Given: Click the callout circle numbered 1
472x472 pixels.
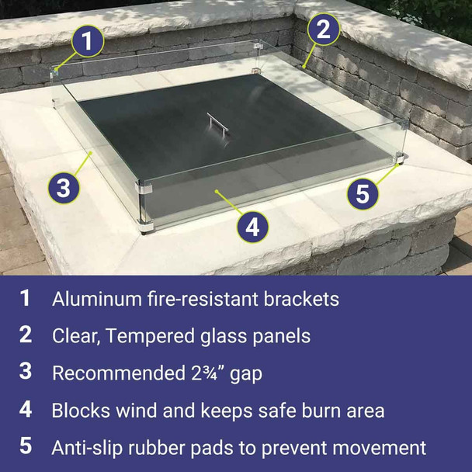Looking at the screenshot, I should [x=89, y=41].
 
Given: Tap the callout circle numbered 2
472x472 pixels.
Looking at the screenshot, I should [x=323, y=30].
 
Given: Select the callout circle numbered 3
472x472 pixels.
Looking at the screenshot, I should [x=64, y=187].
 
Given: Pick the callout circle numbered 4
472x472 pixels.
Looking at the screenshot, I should [x=252, y=227].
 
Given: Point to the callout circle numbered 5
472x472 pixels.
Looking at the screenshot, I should [x=362, y=193].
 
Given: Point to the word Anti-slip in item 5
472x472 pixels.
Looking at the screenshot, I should [x=88, y=447].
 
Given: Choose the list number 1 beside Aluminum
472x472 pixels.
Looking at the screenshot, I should [x=26, y=298].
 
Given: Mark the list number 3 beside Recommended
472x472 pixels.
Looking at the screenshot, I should [x=26, y=372].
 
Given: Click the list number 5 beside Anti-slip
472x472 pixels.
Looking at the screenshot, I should [x=26, y=447].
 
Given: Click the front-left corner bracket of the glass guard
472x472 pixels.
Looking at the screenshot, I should [x=144, y=190].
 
